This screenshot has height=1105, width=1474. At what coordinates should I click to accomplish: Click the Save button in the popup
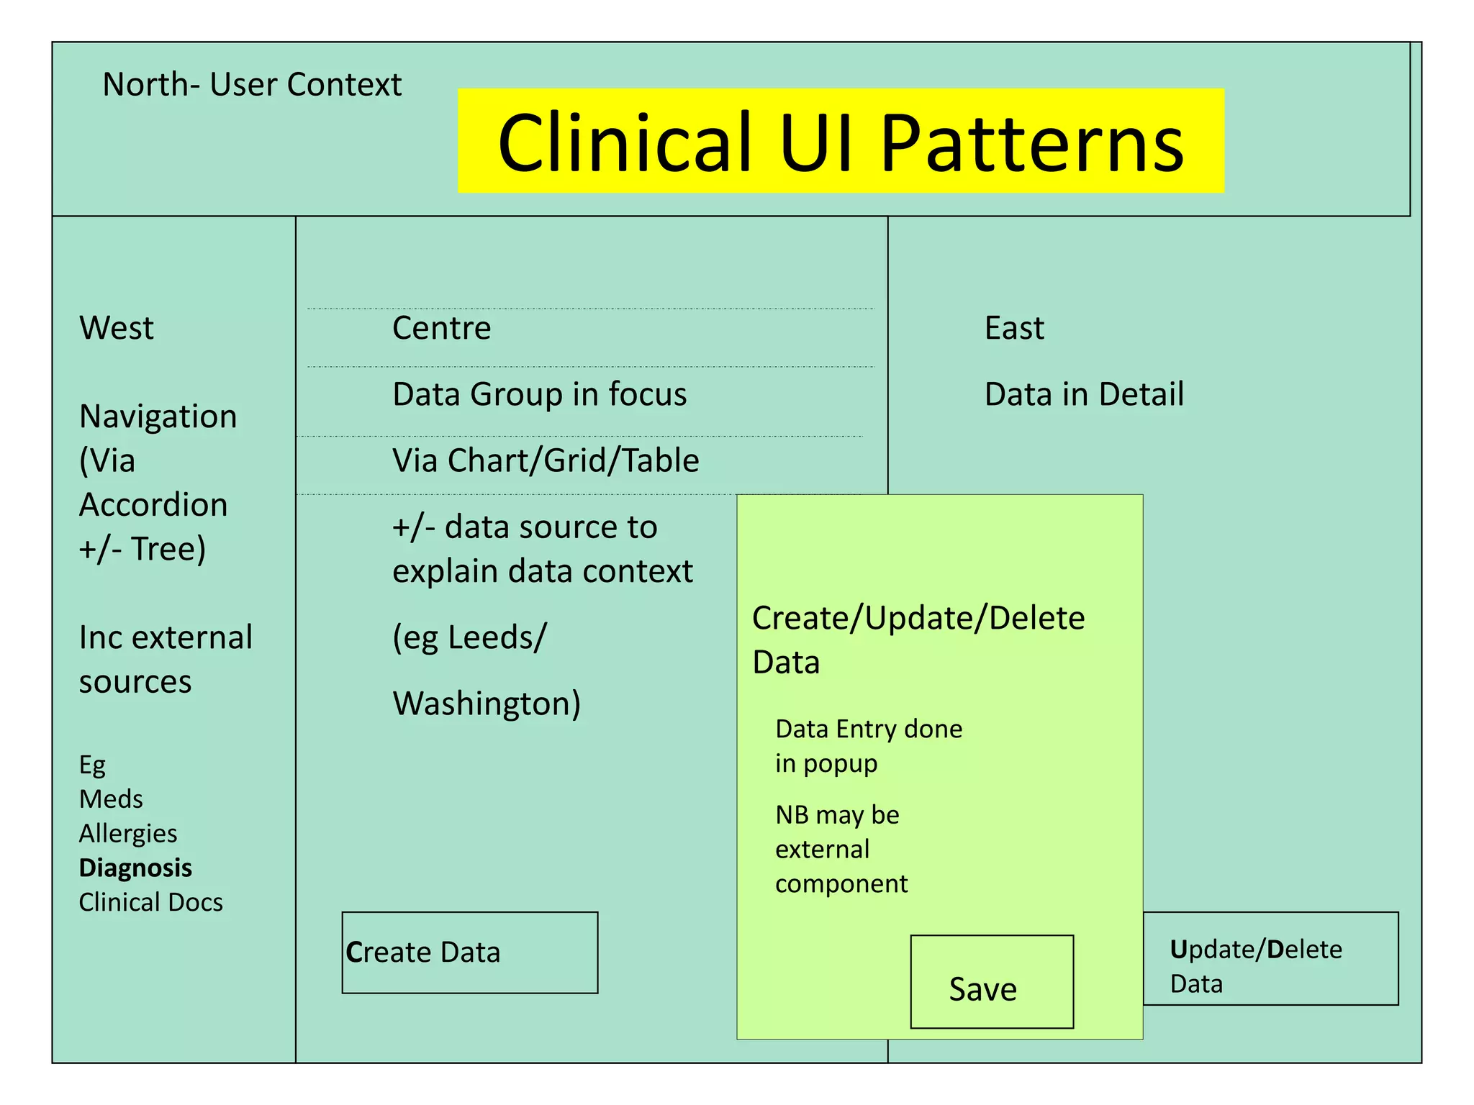(x=991, y=983)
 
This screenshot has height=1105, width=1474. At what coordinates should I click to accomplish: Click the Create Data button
(x=469, y=952)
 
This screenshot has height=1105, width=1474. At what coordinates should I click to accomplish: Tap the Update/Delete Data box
(x=1270, y=959)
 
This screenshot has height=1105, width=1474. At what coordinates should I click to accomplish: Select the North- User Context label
(x=252, y=85)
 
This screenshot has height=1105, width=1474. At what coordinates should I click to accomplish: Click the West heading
(x=117, y=328)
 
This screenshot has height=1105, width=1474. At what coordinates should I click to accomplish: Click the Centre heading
(x=441, y=328)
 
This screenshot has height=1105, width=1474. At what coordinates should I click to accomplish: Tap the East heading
(x=1013, y=328)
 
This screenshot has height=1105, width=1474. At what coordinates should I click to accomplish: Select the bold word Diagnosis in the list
(x=135, y=868)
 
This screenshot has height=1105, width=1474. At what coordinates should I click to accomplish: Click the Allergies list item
(x=128, y=833)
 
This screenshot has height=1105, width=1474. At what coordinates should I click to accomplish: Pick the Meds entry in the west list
(x=111, y=799)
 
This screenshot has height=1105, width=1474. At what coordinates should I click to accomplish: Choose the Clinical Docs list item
(x=150, y=902)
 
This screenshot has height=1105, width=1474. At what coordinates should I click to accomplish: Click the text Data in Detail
(x=1083, y=394)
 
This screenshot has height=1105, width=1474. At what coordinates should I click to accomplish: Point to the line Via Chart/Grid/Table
(x=546, y=460)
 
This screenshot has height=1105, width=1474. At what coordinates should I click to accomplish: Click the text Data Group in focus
(x=539, y=394)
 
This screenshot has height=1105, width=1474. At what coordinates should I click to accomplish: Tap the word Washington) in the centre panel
(x=487, y=703)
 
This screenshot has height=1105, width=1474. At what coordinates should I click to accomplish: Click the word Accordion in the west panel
(x=153, y=504)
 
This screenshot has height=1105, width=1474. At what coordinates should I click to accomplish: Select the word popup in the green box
(x=840, y=764)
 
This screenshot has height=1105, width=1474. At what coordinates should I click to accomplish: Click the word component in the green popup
(x=841, y=883)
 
